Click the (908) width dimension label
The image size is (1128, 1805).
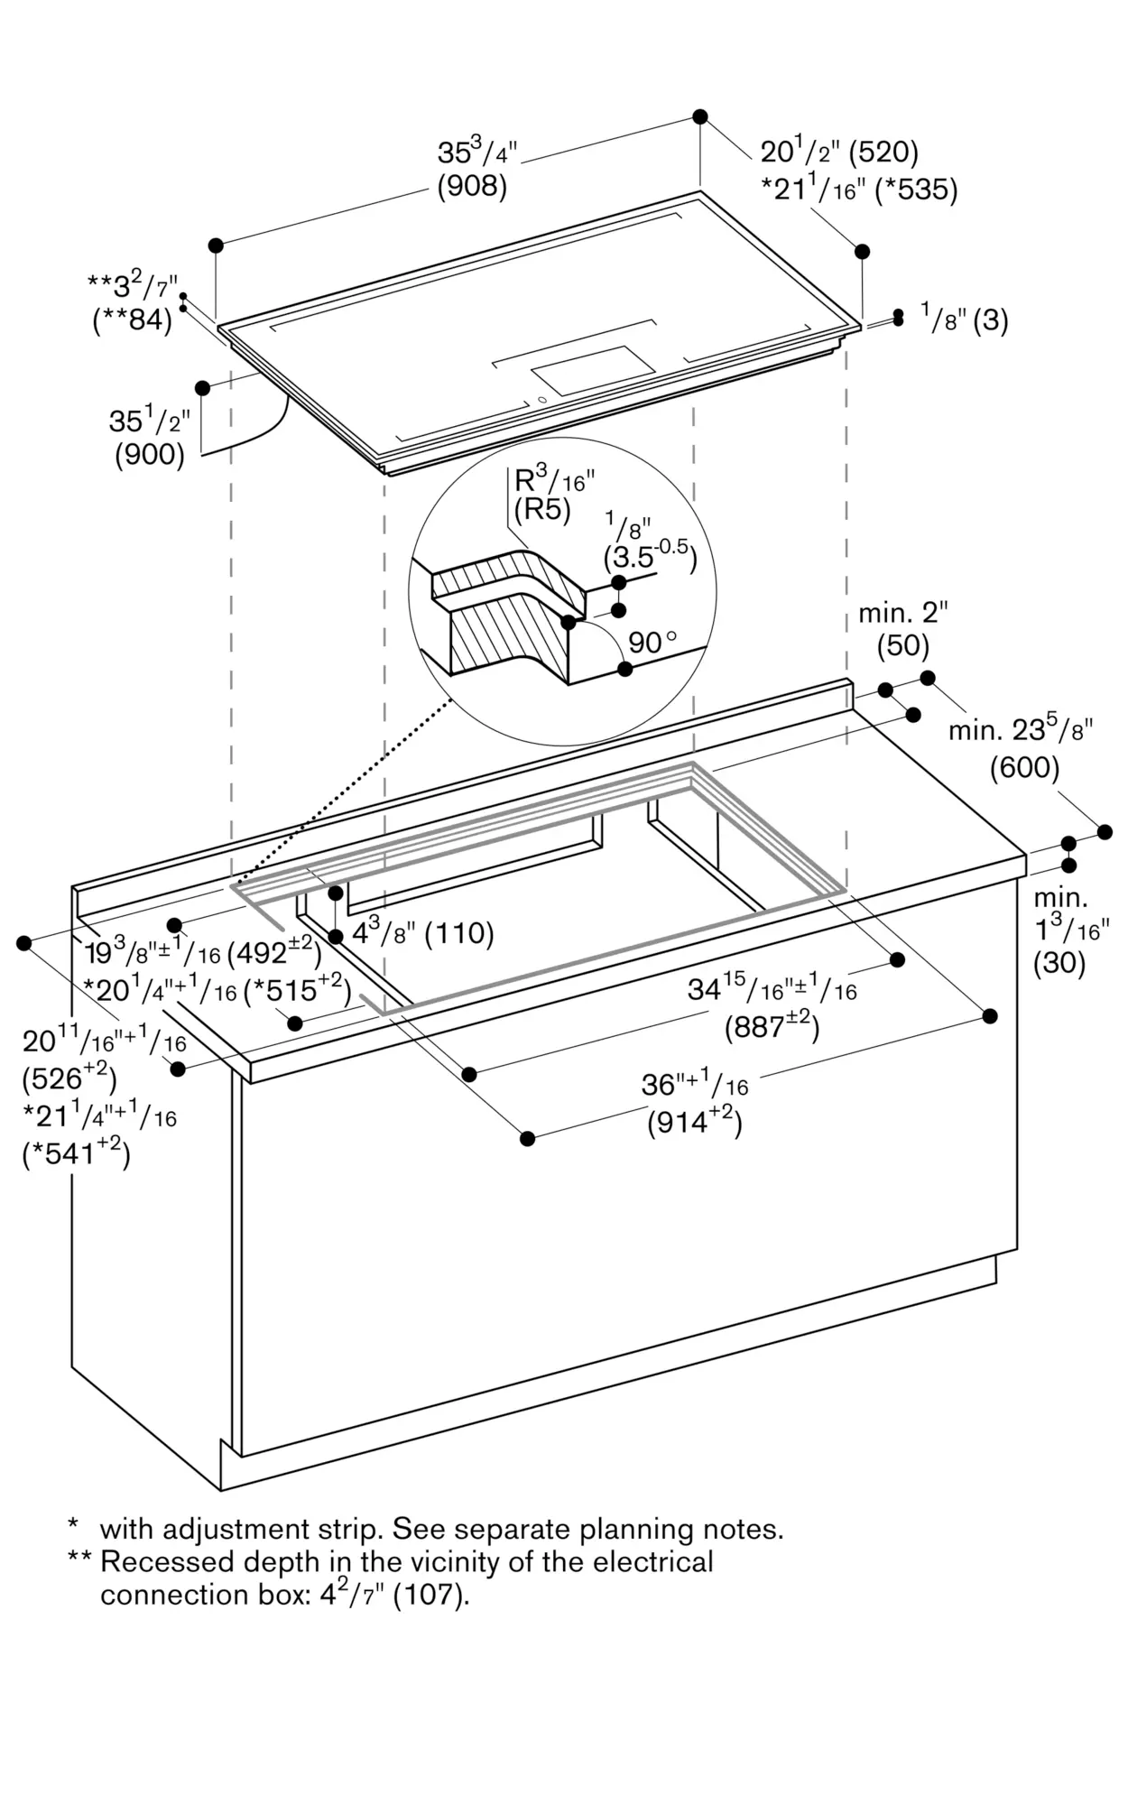(x=472, y=186)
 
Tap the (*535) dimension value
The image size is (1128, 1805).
(x=916, y=190)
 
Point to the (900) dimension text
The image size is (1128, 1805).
(x=150, y=455)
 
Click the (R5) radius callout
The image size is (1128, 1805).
(x=542, y=510)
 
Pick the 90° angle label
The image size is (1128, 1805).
(x=652, y=643)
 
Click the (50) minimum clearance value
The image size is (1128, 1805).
(x=903, y=645)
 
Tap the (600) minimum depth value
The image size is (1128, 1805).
(x=1024, y=768)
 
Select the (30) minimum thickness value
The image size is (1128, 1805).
(x=1059, y=963)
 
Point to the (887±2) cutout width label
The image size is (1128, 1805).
(x=772, y=1025)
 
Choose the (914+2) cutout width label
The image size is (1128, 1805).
(x=695, y=1121)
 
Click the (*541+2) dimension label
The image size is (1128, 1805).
(x=77, y=1152)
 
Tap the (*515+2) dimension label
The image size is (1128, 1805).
(x=298, y=989)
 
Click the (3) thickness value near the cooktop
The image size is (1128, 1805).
(x=990, y=320)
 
